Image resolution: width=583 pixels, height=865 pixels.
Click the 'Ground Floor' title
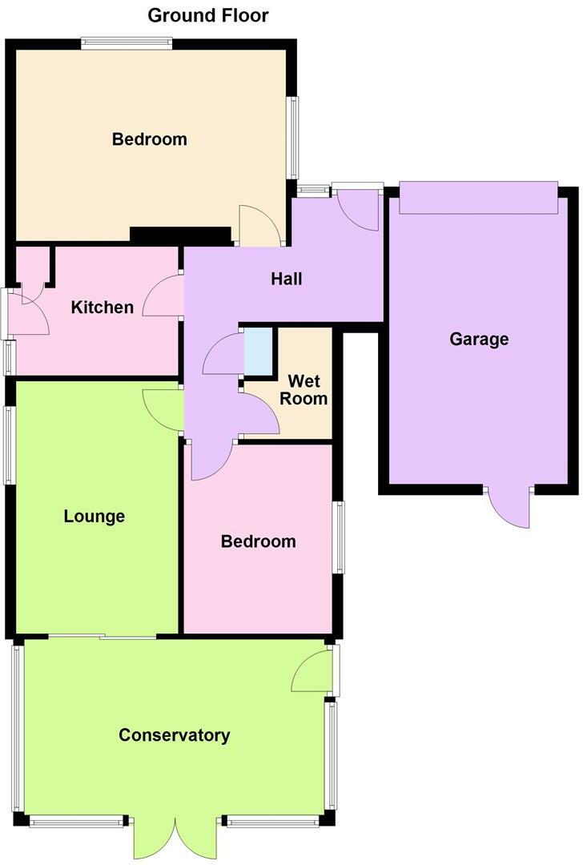pos(208,15)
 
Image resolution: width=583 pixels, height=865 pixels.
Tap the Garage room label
pos(479,339)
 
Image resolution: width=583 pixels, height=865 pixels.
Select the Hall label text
pos(287,279)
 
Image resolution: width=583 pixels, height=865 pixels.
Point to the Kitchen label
pos(103,307)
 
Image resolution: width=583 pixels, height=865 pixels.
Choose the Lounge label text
pos(94,516)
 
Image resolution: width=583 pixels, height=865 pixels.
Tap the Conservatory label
pos(175,735)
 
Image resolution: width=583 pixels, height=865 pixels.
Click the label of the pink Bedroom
pos(259,541)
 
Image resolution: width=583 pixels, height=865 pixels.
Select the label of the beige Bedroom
pos(150,139)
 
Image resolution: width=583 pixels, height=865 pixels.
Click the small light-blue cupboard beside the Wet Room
pos(258,351)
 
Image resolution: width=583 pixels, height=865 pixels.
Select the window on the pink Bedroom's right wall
pos(340,537)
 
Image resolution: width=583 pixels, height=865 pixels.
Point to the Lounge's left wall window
pos(10,445)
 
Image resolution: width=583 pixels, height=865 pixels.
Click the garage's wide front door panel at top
pos(477,198)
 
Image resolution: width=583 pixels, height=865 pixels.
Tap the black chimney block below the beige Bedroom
pos(180,235)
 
